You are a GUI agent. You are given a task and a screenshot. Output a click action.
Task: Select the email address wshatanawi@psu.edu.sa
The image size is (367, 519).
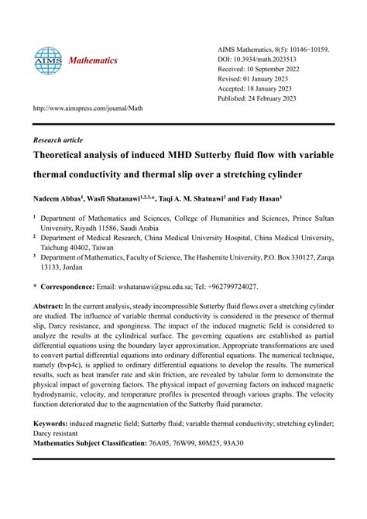[157, 286]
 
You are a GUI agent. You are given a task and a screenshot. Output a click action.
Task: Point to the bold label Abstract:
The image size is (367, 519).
[52, 307]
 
